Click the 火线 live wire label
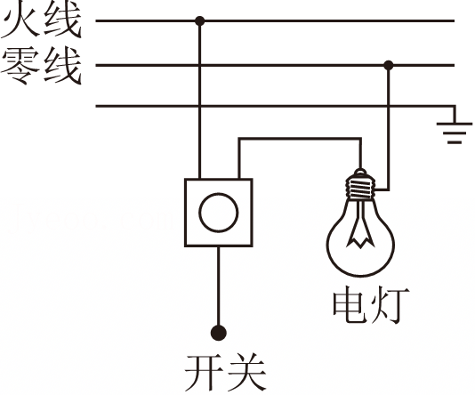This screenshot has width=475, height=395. pyautogui.click(x=41, y=20)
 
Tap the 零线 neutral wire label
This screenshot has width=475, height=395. pyautogui.click(x=41, y=66)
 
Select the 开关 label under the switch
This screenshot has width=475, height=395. pyautogui.click(x=226, y=372)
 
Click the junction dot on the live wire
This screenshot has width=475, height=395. pyautogui.click(x=199, y=20)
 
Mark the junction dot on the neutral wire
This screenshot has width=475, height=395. pyautogui.click(x=389, y=65)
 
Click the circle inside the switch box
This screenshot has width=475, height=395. pyautogui.click(x=219, y=213)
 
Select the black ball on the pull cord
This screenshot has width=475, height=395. pyautogui.click(x=219, y=333)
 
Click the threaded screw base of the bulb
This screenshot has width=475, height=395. pyautogui.click(x=360, y=187)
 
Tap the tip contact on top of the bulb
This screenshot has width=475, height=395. pyautogui.click(x=360, y=172)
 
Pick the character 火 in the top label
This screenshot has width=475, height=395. pyautogui.click(x=20, y=20)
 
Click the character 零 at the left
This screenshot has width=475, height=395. pyautogui.click(x=20, y=66)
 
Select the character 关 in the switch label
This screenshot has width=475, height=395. pyautogui.click(x=247, y=372)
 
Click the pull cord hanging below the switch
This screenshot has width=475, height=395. pyautogui.click(x=219, y=286)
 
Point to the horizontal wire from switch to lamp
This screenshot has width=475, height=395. pyautogui.click(x=300, y=139)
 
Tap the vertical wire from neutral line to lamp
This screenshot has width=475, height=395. pyautogui.click(x=389, y=127)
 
